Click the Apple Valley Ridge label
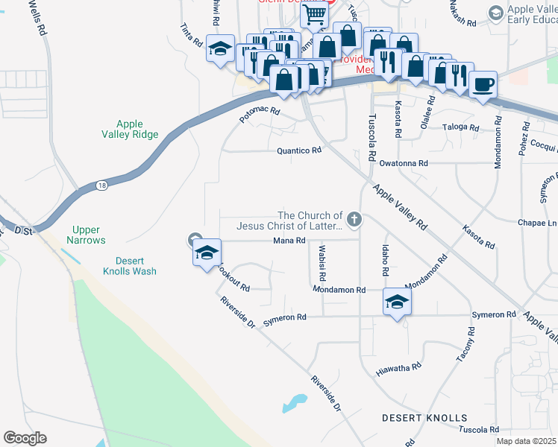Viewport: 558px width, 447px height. click(130, 129)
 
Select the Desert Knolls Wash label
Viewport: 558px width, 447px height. click(125, 266)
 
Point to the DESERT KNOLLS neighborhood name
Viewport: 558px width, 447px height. click(424, 418)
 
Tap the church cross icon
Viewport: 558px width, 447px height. click(354, 220)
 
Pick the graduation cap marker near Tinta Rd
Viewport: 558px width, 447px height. click(219, 48)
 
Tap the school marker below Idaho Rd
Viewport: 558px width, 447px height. click(397, 302)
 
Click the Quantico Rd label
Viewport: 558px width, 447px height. click(298, 150)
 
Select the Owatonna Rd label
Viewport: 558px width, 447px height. click(404, 162)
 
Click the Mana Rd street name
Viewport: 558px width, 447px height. click(289, 240)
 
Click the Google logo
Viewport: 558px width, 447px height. click(25, 438)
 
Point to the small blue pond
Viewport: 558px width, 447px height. click(295, 403)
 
